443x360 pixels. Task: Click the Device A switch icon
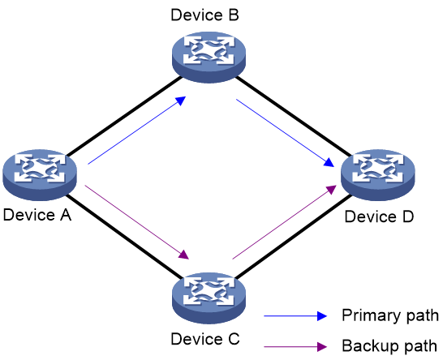coord(40,175)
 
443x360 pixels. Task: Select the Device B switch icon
coord(209,58)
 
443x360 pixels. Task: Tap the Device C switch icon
coord(209,298)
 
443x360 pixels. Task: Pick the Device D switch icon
coord(378,175)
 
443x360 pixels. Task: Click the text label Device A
coord(37,215)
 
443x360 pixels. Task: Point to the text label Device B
coord(204,15)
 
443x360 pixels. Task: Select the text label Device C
coord(205,339)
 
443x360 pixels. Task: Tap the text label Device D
coord(379,216)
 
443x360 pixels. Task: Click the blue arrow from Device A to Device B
coord(137,131)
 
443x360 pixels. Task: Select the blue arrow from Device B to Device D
coord(286,133)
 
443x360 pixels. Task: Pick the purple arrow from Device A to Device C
coord(137,222)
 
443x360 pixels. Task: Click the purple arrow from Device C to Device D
coord(284,222)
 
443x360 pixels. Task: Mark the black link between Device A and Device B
coord(124,116)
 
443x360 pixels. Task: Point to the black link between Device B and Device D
coord(294,116)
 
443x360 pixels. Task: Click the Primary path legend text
coord(390,315)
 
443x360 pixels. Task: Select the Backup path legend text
coord(389,346)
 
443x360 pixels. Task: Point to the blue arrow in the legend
coord(295,316)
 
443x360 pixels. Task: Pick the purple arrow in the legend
coord(295,346)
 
